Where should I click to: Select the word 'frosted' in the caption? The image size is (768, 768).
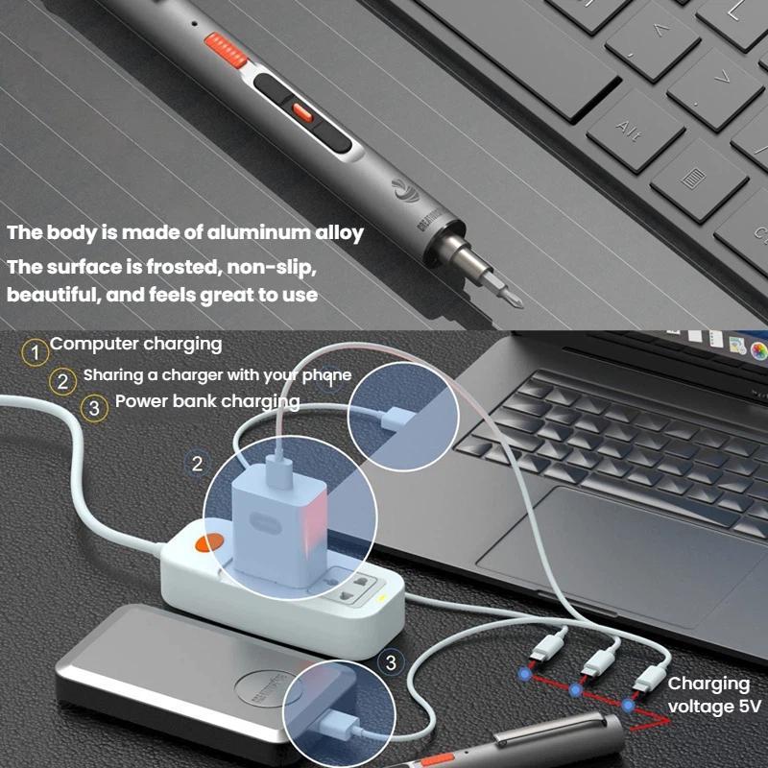pyautogui.click(x=188, y=264)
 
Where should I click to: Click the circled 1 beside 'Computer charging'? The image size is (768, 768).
pyautogui.click(x=36, y=352)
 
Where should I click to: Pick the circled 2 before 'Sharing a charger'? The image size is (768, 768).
pyautogui.click(x=63, y=381)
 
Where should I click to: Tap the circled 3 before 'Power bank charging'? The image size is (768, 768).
pyautogui.click(x=93, y=408)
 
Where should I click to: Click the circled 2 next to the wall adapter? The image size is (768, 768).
pyautogui.click(x=197, y=464)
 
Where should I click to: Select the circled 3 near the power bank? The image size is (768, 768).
pyautogui.click(x=390, y=661)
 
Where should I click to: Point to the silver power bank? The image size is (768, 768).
pyautogui.click(x=192, y=672)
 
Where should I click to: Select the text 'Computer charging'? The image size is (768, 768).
pyautogui.click(x=135, y=344)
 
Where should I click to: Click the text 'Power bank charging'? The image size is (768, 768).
pyautogui.click(x=207, y=401)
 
